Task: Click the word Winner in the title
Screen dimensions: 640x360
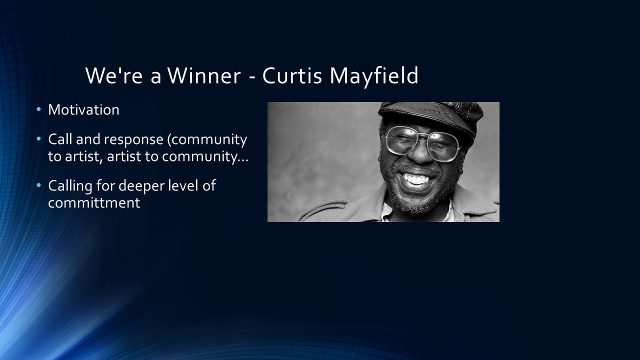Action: (204, 75)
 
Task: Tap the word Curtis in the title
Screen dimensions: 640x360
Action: (292, 75)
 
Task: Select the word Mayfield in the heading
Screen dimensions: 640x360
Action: (374, 76)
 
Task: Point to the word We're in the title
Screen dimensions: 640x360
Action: (113, 75)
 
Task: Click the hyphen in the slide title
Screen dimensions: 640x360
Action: (251, 77)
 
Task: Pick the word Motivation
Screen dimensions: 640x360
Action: (83, 109)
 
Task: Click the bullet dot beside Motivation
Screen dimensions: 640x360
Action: (39, 109)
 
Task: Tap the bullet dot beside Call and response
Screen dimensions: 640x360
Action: (39, 139)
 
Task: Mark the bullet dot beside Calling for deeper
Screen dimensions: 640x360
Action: (39, 185)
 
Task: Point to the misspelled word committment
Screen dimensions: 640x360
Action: (94, 203)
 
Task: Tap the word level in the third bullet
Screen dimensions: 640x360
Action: (183, 185)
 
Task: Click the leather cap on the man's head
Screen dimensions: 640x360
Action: (430, 115)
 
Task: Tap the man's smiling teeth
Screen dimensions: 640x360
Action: (416, 179)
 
